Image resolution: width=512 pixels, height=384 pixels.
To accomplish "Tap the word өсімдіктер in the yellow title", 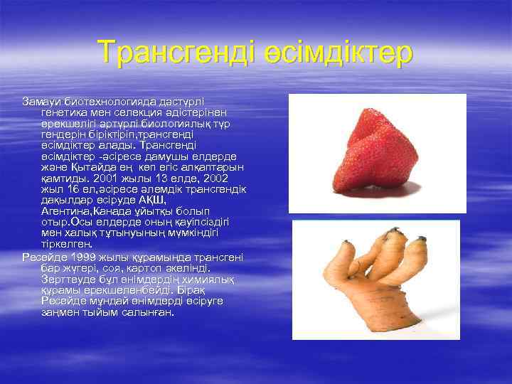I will [335, 53].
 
